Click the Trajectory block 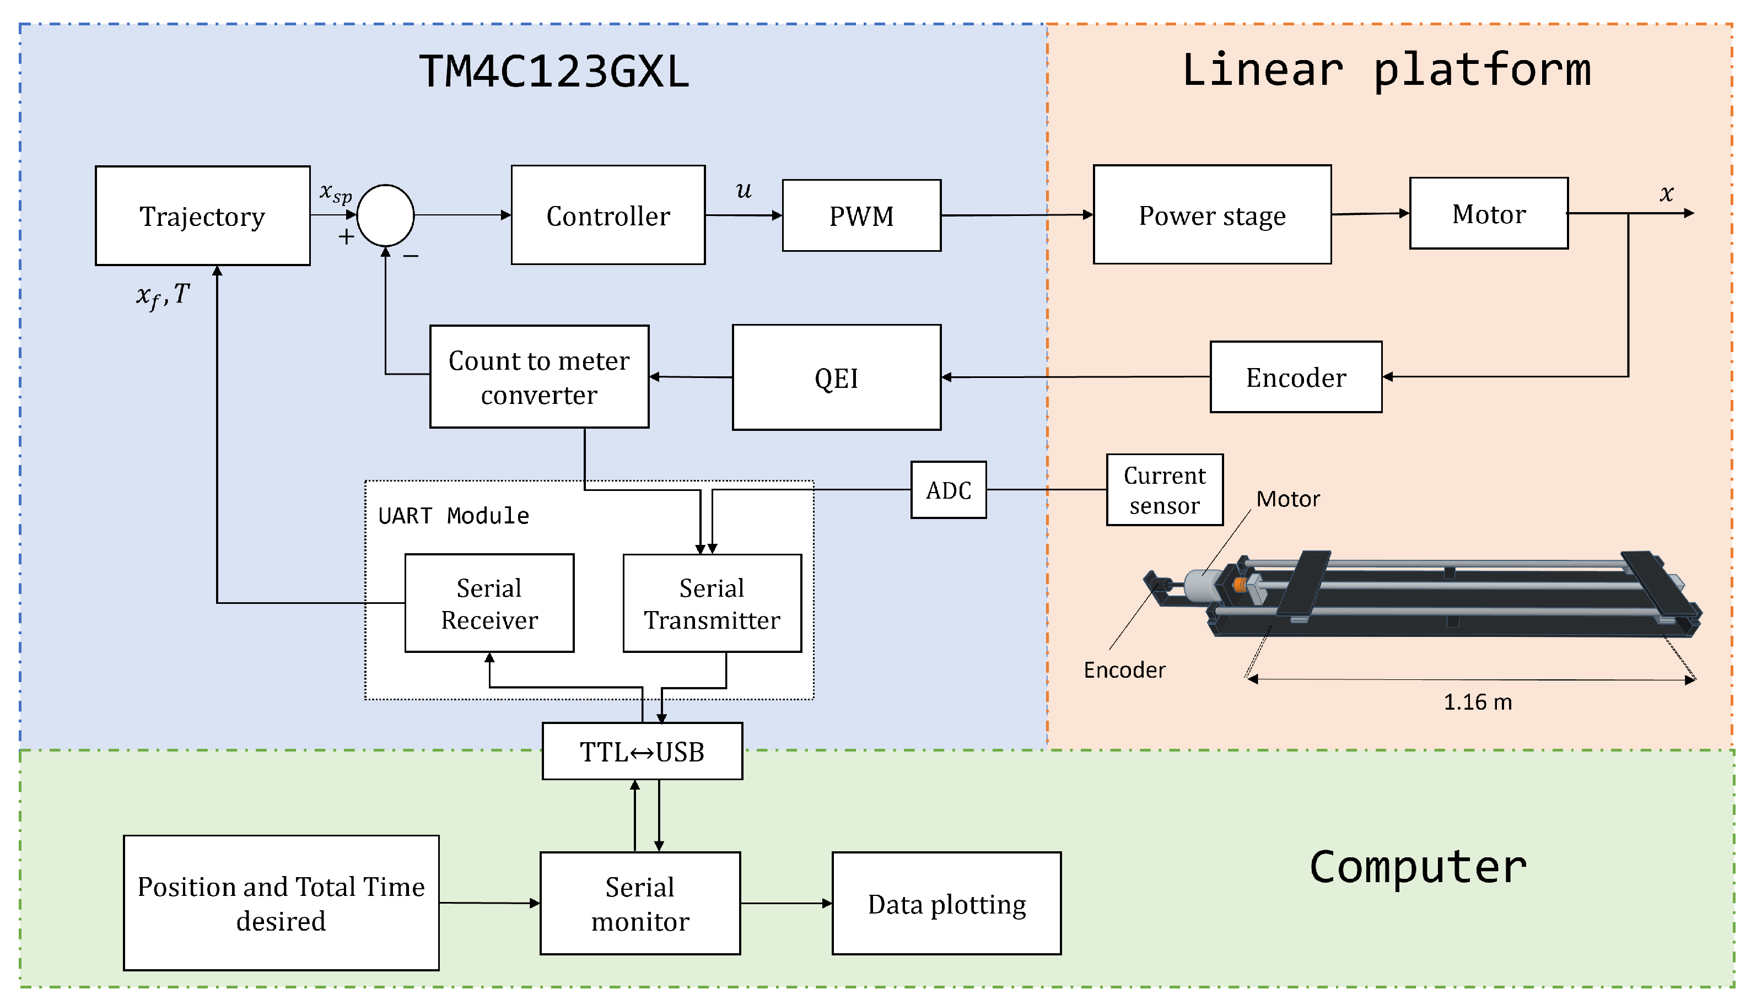pyautogui.click(x=202, y=215)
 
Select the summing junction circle pyautogui.click(x=385, y=215)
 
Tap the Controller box pyautogui.click(x=607, y=215)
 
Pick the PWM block pyautogui.click(x=861, y=215)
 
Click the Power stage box pyautogui.click(x=1212, y=215)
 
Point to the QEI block pyautogui.click(x=836, y=377)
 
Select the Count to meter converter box pyautogui.click(x=538, y=377)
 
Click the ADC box pyautogui.click(x=948, y=490)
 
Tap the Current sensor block pyautogui.click(x=1164, y=490)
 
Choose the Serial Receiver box pyautogui.click(x=489, y=603)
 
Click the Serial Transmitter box pyautogui.click(x=712, y=603)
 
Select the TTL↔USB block pyautogui.click(x=642, y=752)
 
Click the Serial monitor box pyautogui.click(x=640, y=904)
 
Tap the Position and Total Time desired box pyautogui.click(x=281, y=903)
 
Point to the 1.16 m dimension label pyautogui.click(x=1477, y=703)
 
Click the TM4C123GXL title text pyautogui.click(x=554, y=72)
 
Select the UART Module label pyautogui.click(x=454, y=516)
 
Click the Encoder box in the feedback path pyautogui.click(x=1295, y=377)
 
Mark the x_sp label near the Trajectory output pyautogui.click(x=336, y=193)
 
